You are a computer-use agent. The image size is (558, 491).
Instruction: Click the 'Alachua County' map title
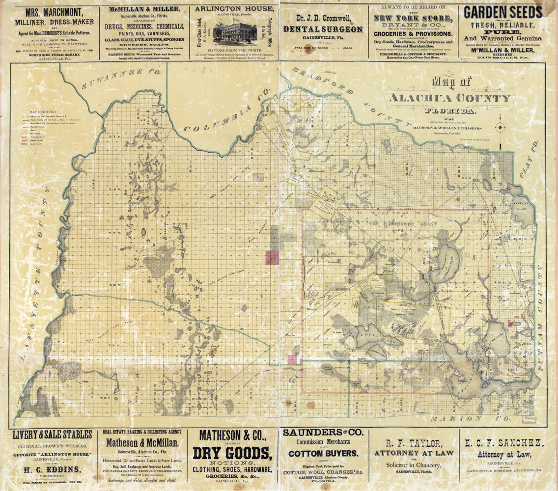point(449,98)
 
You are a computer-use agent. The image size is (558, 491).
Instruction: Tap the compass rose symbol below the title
point(501,128)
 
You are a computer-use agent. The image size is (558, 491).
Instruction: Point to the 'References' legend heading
point(43,112)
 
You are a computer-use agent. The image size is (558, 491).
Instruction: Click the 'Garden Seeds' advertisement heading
point(502,12)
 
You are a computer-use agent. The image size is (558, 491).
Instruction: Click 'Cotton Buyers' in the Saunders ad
point(322,454)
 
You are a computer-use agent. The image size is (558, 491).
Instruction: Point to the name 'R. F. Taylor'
point(414,443)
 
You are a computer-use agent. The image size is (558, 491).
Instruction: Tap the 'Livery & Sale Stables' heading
point(52,435)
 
